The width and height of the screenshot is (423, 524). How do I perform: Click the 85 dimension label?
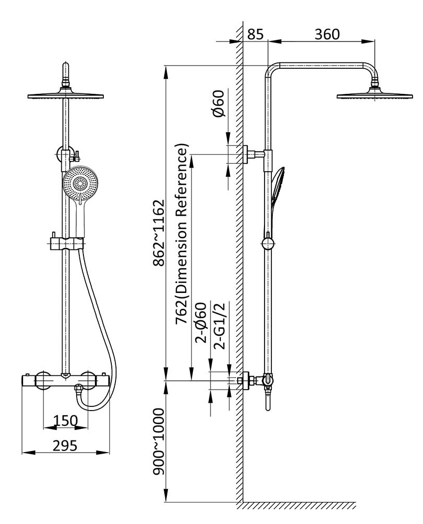255,34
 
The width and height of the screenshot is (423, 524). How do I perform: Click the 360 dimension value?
327,34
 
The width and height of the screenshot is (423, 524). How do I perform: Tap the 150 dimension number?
66,421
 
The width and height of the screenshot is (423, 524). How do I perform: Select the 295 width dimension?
65,445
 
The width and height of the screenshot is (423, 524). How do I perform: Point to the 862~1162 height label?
159,233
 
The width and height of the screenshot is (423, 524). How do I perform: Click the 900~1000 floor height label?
159,442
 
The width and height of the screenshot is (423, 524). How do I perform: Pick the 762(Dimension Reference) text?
182,234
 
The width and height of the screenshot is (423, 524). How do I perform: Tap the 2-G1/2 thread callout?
221,325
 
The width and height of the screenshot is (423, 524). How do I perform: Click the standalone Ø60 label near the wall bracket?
218,104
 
